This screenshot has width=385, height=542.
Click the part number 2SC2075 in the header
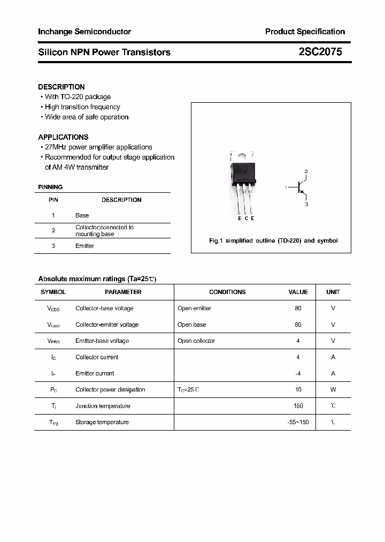point(320,52)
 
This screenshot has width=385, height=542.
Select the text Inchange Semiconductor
point(84,32)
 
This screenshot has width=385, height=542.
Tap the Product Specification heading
point(305,32)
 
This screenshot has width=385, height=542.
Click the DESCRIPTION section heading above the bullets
point(61,87)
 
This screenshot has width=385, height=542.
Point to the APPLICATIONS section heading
point(63,137)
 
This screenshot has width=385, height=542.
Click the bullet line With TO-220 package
point(78,97)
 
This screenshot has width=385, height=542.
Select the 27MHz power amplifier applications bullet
point(98,147)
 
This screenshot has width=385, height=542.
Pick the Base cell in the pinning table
point(82,215)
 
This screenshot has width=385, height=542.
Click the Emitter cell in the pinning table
point(84,246)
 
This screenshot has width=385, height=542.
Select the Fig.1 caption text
point(273,241)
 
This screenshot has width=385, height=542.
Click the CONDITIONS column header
point(227,292)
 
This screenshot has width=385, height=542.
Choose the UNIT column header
point(333,292)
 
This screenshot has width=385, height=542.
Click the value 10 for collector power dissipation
point(298,390)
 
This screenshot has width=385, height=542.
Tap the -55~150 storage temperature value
point(298,423)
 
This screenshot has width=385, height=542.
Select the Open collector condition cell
point(196,341)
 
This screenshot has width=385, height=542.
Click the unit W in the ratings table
point(333,390)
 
